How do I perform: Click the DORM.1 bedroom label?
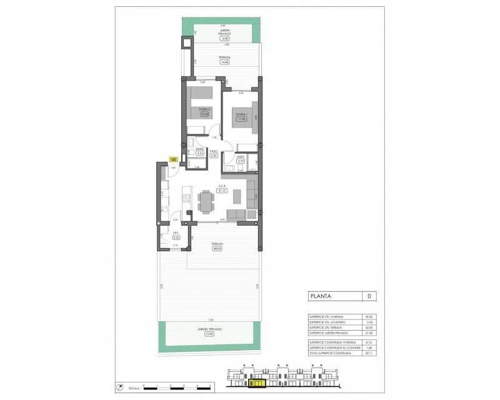pos(241,114)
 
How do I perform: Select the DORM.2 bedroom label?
pos(204,110)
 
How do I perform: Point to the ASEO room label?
pos(240,158)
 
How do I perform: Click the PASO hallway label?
pos(213,151)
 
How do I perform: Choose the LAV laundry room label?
pos(176,234)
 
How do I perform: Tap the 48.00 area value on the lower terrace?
pos(218,248)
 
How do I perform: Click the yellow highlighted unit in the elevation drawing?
pos(257,382)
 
